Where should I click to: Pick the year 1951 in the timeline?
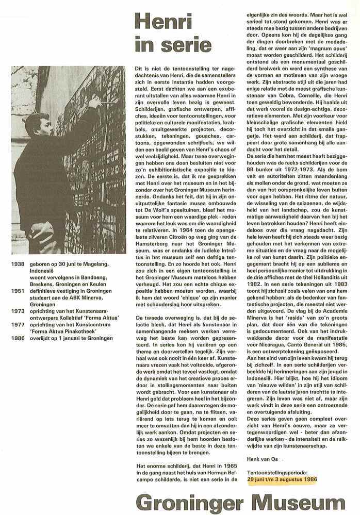(17, 290)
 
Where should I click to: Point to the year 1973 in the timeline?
(17, 311)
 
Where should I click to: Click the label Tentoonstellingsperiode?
(277, 472)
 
